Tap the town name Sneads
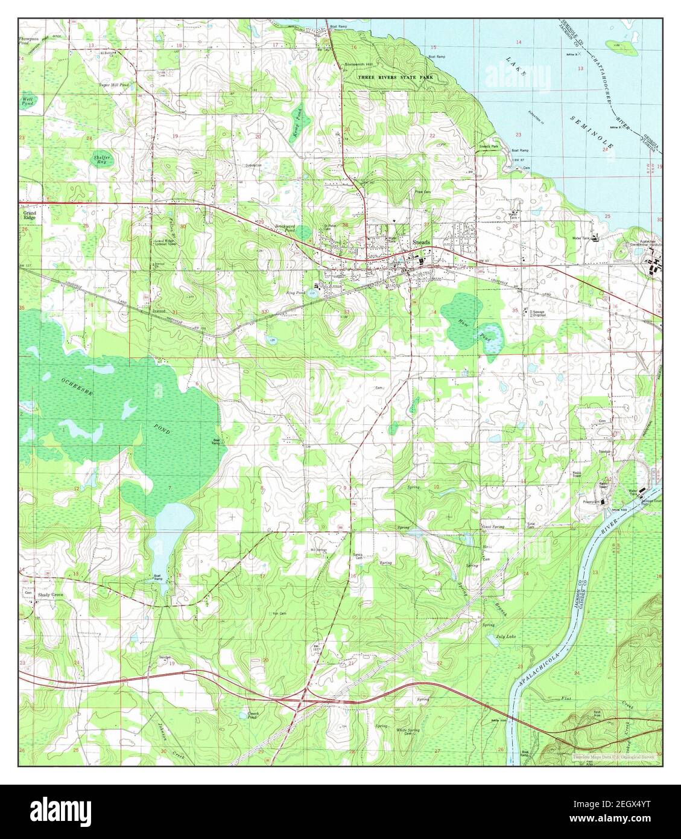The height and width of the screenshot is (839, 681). [x=421, y=242]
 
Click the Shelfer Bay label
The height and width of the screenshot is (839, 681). [x=101, y=159]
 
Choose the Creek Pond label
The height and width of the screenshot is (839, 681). [x=253, y=715]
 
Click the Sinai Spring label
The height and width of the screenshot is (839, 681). [x=493, y=527]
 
